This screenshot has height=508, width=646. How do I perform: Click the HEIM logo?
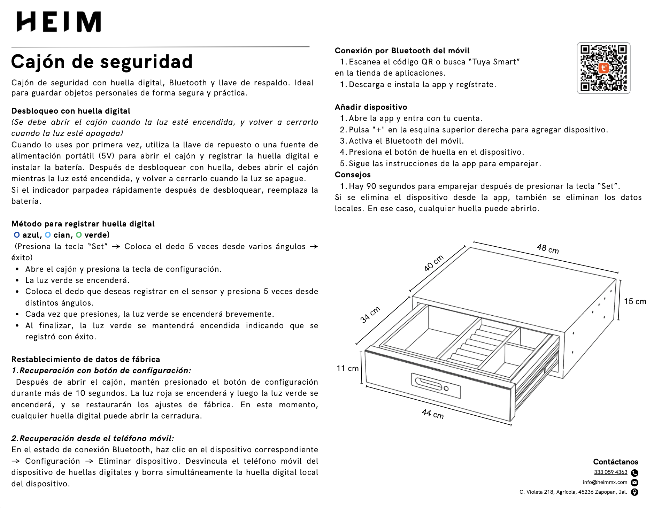coord(59,22)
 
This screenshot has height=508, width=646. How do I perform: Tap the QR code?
coord(603,68)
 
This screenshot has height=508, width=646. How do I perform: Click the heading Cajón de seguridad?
coord(102,62)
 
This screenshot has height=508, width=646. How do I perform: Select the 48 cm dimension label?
coord(548,249)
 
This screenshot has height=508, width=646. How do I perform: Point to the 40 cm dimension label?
coord(434,263)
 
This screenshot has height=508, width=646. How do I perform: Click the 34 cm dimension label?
coord(370,315)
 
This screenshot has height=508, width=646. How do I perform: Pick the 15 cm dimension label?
coord(635,301)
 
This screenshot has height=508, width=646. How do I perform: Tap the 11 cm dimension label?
coord(347,368)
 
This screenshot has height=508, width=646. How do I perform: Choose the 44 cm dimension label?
coord(432,414)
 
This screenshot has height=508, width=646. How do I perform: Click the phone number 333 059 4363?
coord(610,472)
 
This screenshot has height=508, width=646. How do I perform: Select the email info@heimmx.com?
coord(605,482)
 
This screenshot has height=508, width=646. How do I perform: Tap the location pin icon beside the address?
coord(635,492)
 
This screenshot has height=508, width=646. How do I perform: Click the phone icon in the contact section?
coord(635,473)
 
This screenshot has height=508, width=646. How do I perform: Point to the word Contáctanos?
coord(615,462)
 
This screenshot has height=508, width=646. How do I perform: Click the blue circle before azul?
coord(17,235)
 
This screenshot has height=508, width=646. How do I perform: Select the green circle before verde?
coord(79,235)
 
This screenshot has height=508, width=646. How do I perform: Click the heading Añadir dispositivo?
coord(371,107)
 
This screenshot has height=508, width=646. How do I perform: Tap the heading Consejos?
coord(353,175)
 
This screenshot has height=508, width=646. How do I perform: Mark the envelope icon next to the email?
coord(635,483)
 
